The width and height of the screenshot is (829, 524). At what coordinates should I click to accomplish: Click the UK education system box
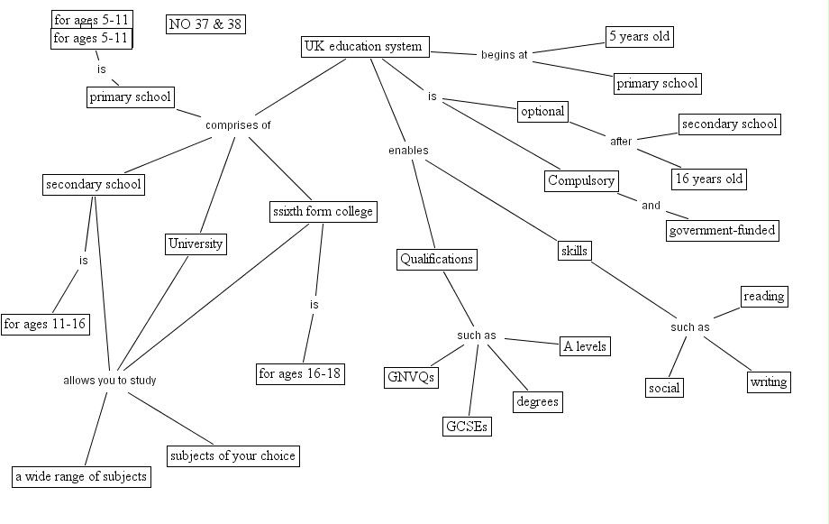(x=363, y=47)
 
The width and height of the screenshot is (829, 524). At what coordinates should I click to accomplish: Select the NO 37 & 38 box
(x=206, y=24)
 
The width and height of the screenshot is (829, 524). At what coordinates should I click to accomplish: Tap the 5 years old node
(x=640, y=37)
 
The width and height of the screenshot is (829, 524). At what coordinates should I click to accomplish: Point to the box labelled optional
(x=542, y=112)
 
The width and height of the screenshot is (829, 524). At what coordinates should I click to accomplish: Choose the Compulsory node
(x=581, y=180)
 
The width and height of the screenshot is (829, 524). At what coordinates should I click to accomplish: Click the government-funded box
(x=722, y=230)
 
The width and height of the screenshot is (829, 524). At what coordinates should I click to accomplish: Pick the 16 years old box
(x=709, y=179)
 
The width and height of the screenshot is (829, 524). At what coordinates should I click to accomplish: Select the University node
(x=196, y=244)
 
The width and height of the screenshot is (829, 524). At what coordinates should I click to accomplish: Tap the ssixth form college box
(x=322, y=212)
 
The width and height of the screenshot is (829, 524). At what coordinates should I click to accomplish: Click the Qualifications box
(x=436, y=260)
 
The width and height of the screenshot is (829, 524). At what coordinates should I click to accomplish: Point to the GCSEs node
(x=467, y=427)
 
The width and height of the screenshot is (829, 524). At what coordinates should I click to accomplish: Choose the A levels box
(x=585, y=346)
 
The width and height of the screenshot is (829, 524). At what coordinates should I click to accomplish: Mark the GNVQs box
(x=411, y=377)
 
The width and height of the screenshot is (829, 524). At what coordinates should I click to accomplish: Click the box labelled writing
(x=769, y=382)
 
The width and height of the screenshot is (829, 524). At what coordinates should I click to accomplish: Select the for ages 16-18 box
(x=300, y=373)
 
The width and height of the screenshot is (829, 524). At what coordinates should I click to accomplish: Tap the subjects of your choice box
(x=232, y=455)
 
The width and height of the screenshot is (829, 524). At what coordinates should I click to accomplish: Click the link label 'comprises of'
(x=238, y=125)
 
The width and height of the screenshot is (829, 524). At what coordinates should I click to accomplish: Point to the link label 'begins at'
(x=504, y=55)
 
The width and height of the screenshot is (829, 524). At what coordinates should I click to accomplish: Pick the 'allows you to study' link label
(x=109, y=381)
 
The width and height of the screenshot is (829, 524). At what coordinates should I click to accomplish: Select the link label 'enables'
(x=408, y=151)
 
